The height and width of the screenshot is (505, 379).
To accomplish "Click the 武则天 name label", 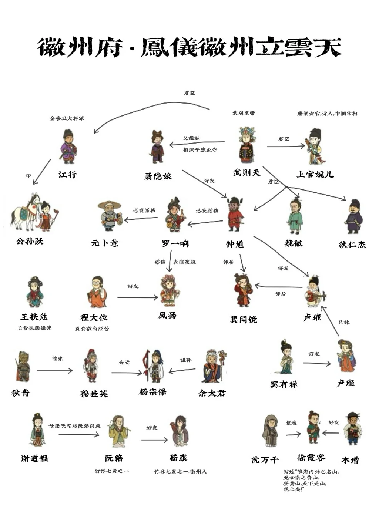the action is click(x=246, y=173).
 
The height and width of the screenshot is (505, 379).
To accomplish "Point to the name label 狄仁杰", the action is click(x=352, y=245).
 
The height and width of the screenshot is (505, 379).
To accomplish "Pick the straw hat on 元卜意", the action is click(x=110, y=204).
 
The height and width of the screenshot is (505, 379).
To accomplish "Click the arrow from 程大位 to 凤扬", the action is click(x=137, y=297).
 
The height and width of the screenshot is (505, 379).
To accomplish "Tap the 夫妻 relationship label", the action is click(x=124, y=362).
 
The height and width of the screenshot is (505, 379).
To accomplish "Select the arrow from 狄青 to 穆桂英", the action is click(x=54, y=370).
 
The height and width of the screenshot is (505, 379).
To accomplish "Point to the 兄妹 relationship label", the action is click(x=344, y=322).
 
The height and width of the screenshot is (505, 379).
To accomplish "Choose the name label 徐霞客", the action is click(x=311, y=458).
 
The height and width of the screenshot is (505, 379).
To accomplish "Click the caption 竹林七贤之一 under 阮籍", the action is click(x=112, y=471).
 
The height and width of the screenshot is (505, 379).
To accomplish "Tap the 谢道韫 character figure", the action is click(x=37, y=431).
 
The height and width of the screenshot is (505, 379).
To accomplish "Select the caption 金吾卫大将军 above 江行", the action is click(x=67, y=118).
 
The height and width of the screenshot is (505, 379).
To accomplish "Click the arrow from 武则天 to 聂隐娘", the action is click(x=197, y=143).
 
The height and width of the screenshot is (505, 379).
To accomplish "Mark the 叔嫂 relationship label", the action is click(x=291, y=423).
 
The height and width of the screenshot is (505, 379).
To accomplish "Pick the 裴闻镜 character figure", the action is click(x=243, y=290).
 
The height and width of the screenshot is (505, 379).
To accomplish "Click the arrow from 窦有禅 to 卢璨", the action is click(x=317, y=363).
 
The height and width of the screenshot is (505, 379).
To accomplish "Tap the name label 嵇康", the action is click(x=178, y=458).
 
